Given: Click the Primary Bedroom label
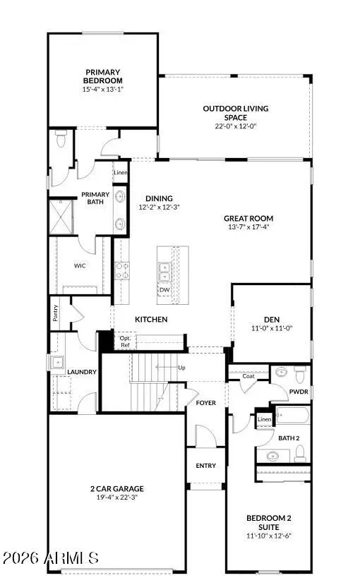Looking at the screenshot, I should pyautogui.click(x=102, y=76).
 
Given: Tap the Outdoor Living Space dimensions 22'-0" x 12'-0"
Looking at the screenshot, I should pyautogui.click(x=235, y=127).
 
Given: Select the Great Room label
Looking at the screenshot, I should pyautogui.click(x=248, y=219).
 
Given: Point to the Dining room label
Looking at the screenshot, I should pyautogui.click(x=160, y=198).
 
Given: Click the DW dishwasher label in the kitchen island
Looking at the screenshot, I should pyautogui.click(x=164, y=290).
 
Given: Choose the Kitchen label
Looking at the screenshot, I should pyautogui.click(x=151, y=320).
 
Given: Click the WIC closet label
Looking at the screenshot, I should pyautogui.click(x=80, y=266).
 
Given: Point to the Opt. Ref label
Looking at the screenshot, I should pyautogui.click(x=125, y=342).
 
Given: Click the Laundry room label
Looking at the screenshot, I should pyautogui.click(x=82, y=371).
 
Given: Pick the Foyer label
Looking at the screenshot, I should pyautogui.click(x=205, y=403).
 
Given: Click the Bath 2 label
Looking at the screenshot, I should pyautogui.click(x=289, y=438).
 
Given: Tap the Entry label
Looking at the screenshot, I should pyautogui.click(x=206, y=466).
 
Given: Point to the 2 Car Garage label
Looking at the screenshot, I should pyautogui.click(x=117, y=488).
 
